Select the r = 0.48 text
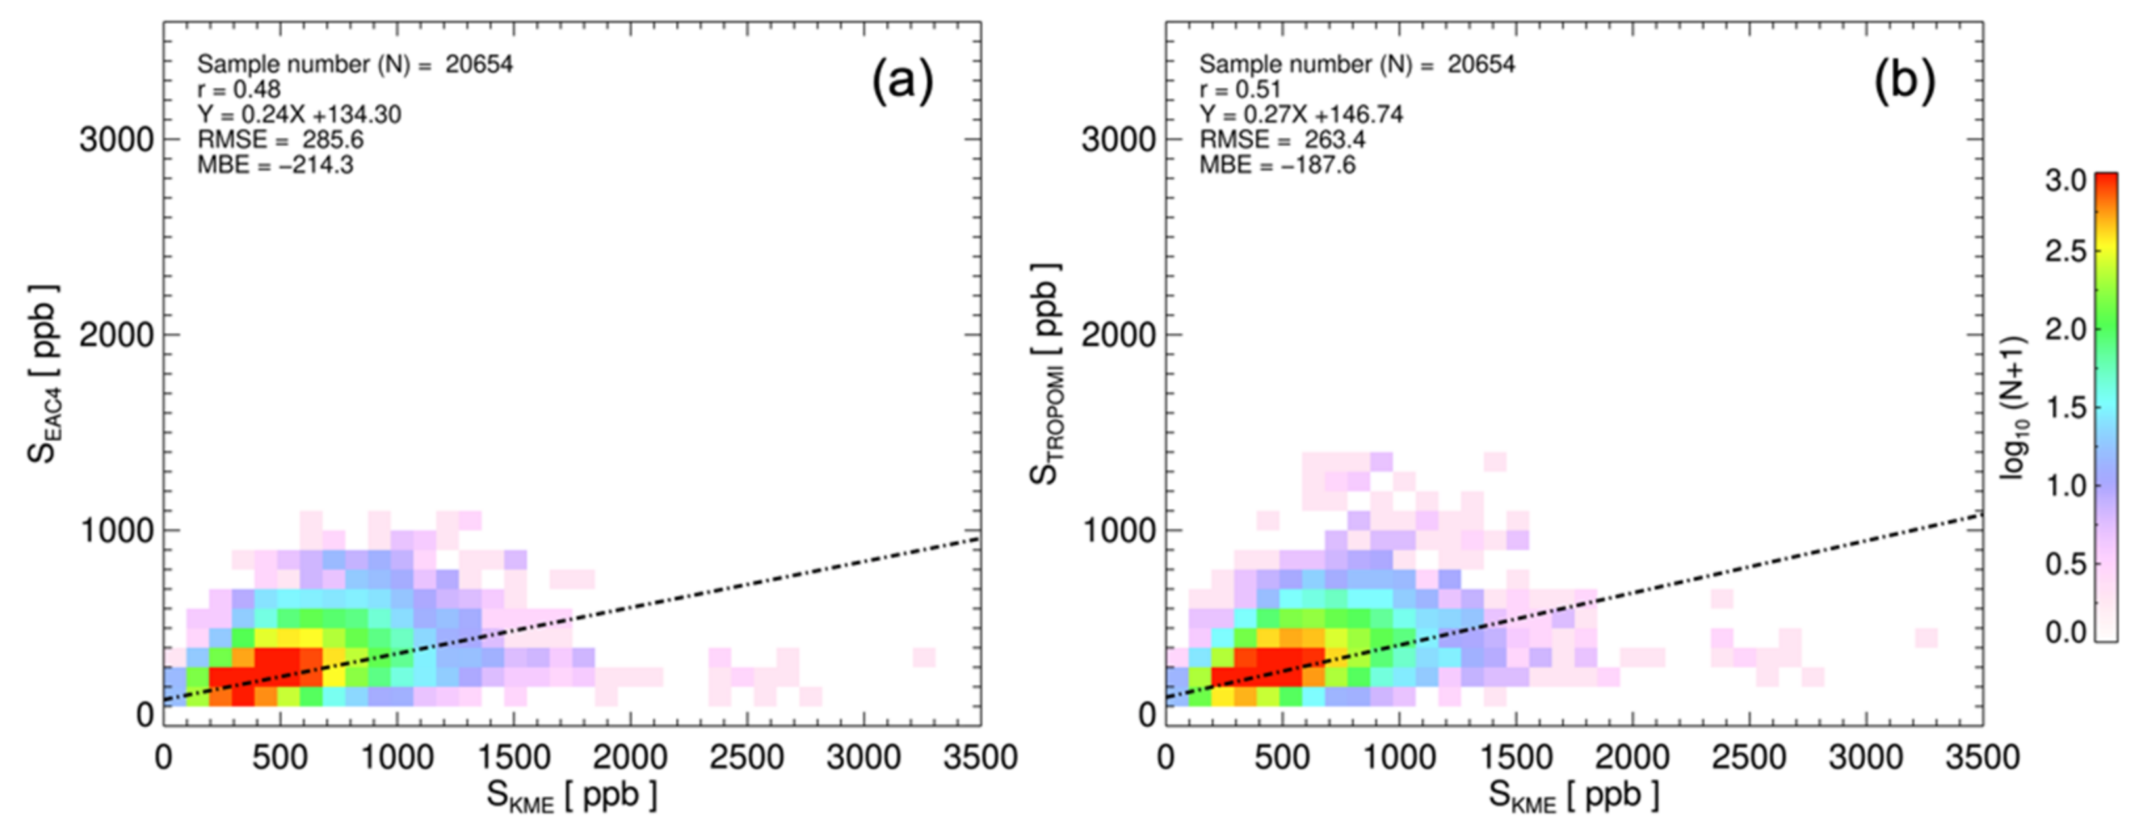pyautogui.click(x=239, y=89)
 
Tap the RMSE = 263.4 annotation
pyautogui.click(x=1282, y=140)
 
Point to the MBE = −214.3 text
pyautogui.click(x=275, y=165)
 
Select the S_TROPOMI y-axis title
pyautogui.click(x=1045, y=374)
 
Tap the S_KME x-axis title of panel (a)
pyautogui.click(x=571, y=796)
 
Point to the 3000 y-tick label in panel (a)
pyautogui.click(x=116, y=140)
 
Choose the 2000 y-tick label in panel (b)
pyautogui.click(x=1119, y=335)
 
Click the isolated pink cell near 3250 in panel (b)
pyautogui.click(x=1926, y=638)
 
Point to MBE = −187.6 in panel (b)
pyautogui.click(x=1277, y=165)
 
